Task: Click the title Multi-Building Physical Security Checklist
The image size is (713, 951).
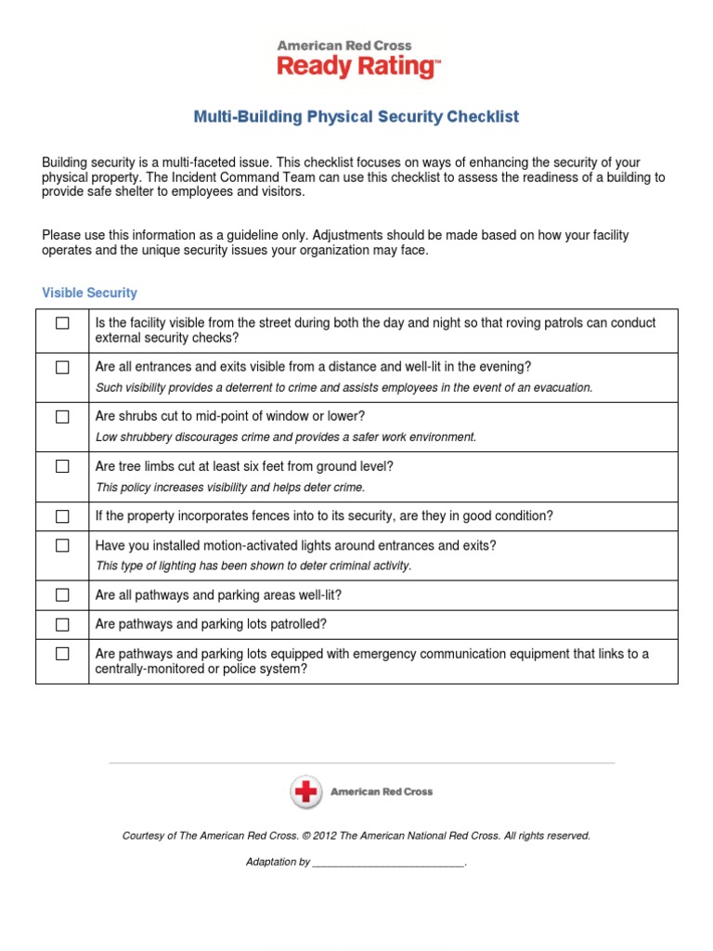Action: [x=356, y=117]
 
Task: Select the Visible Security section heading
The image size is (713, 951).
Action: [x=89, y=293]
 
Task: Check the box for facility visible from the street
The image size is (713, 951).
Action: [x=62, y=323]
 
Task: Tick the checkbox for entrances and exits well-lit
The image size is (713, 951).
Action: [x=62, y=368]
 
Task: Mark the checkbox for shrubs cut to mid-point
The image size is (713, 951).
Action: [x=62, y=417]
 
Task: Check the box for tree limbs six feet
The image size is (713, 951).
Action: [x=62, y=466]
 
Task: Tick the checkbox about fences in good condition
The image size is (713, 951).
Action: [x=62, y=516]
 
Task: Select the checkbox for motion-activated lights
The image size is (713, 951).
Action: [x=62, y=546]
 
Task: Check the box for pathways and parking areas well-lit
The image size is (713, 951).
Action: [x=62, y=594]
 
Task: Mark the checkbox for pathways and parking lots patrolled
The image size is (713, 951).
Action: [x=62, y=624]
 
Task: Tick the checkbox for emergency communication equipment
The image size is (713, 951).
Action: [x=62, y=654]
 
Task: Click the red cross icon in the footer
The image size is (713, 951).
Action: [x=305, y=792]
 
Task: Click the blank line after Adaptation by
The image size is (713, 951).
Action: [x=387, y=863]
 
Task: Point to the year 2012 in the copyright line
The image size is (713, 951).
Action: [x=325, y=836]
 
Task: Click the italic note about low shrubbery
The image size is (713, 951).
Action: [x=286, y=437]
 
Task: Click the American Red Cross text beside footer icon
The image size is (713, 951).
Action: [x=382, y=792]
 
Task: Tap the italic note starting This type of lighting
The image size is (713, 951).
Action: [x=253, y=566]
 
